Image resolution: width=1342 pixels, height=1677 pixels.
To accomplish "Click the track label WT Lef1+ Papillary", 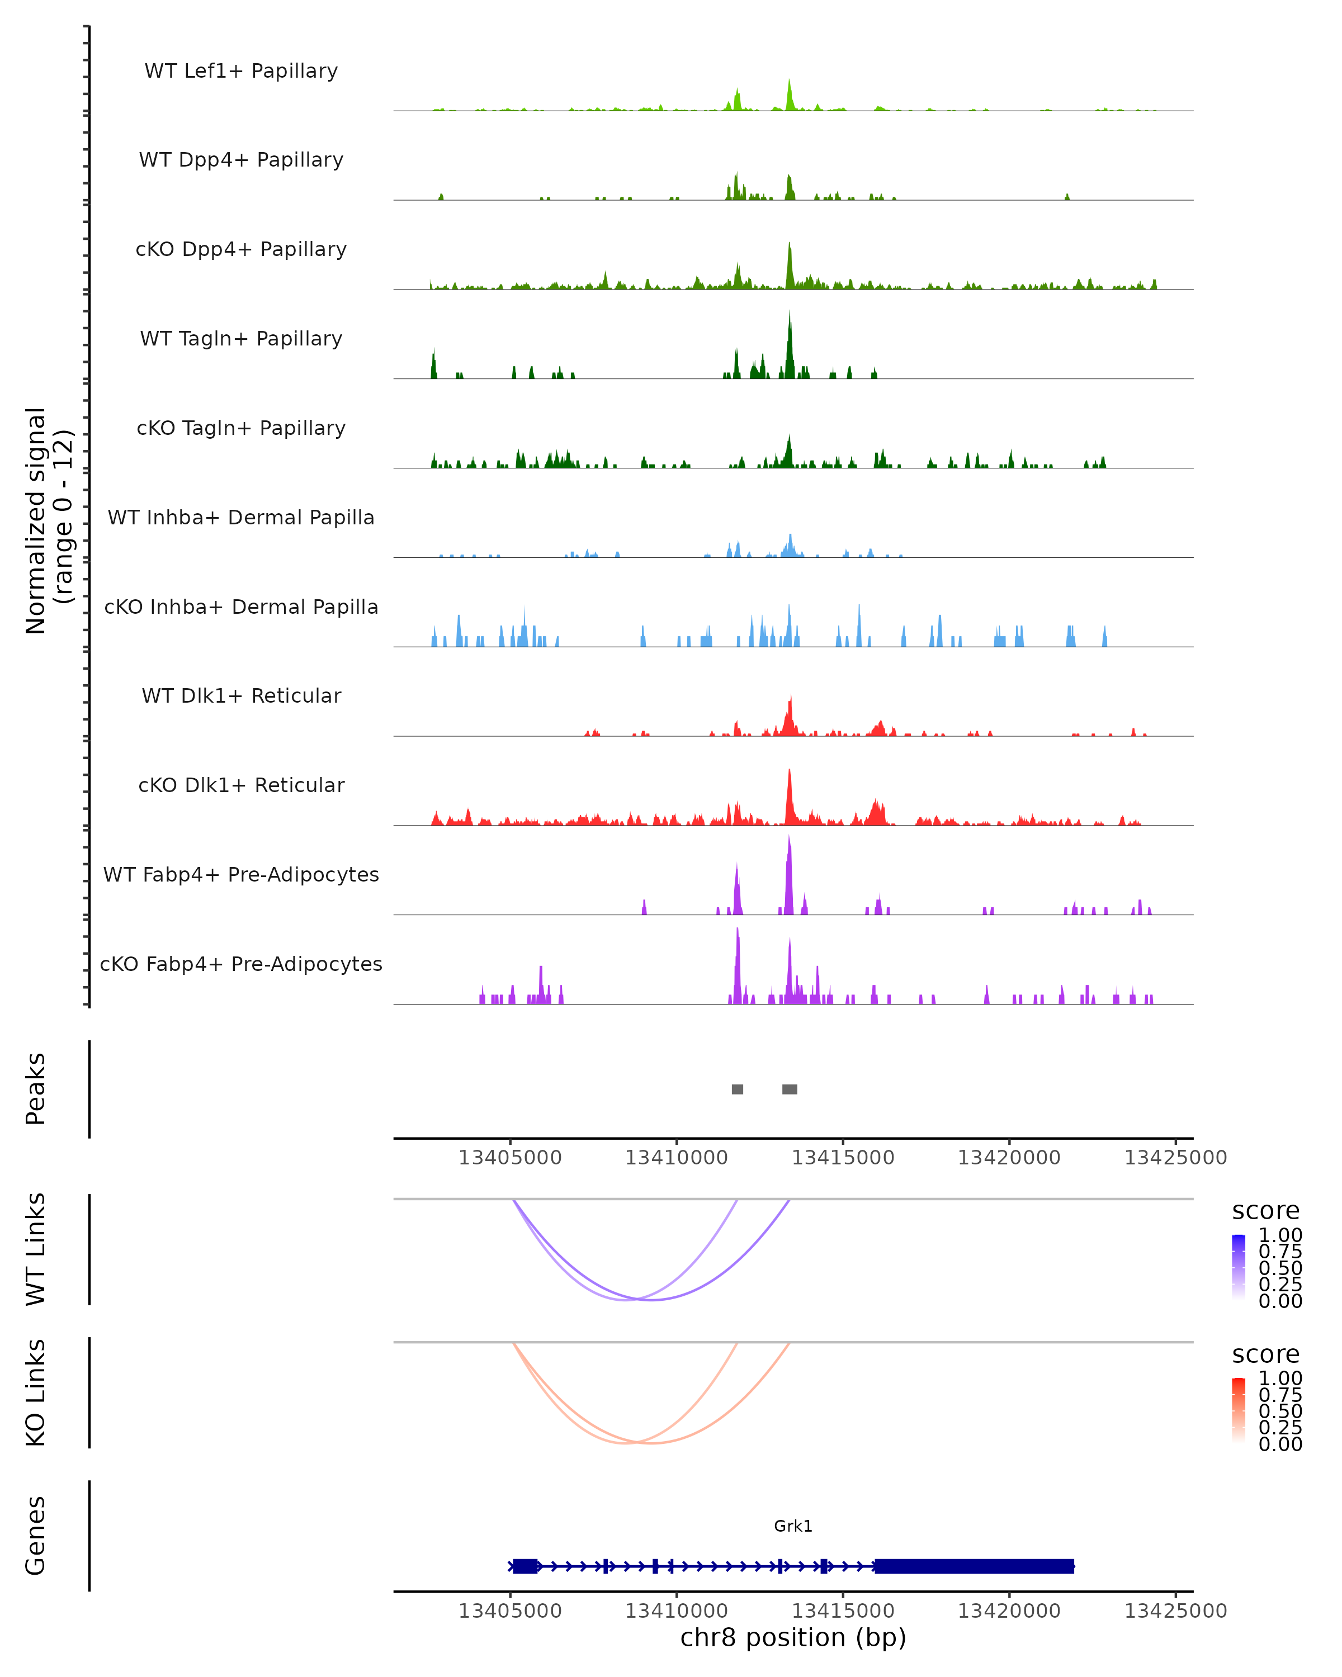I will coord(241,71).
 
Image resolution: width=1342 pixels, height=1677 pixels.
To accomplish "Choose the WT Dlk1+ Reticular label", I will coord(241,695).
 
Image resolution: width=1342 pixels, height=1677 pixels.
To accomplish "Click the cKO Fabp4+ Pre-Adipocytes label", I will coord(241,964).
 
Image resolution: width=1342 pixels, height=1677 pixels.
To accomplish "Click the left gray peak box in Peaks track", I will coord(738,1089).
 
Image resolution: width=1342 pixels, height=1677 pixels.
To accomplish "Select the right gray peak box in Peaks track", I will coord(790,1089).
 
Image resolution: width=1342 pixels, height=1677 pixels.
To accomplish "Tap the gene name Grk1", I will coord(793,1526).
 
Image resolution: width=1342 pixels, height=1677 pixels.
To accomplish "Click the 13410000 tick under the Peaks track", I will coord(676,1158).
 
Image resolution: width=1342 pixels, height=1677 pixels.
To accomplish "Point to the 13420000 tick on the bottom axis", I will coord(1009,1611).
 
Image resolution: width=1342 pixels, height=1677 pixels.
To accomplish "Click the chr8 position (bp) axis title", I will coord(793,1638).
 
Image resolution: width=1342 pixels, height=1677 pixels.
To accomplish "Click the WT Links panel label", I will coord(36,1249).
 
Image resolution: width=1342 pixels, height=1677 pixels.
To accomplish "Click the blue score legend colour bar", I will coord(1239,1267).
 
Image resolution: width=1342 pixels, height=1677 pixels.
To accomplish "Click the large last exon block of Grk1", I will coord(974,1566).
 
